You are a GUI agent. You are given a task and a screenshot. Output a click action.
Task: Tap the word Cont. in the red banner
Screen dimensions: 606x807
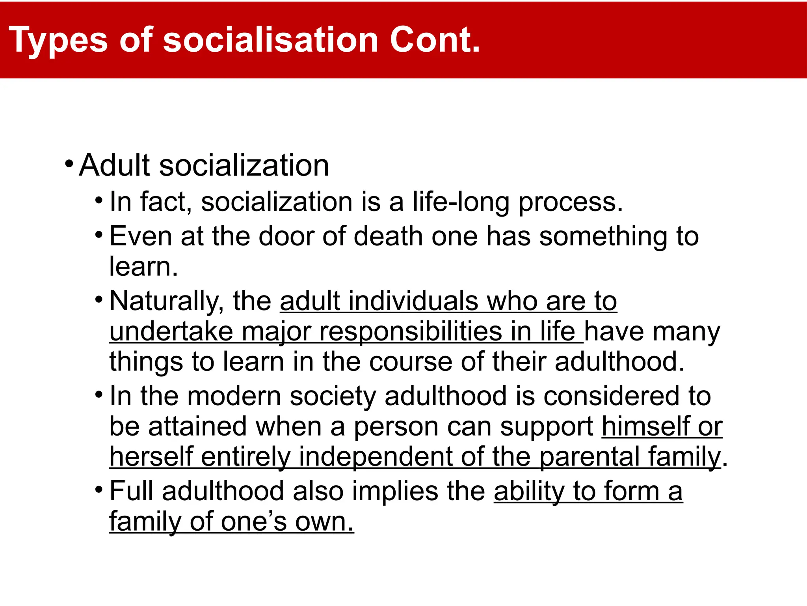pos(435,39)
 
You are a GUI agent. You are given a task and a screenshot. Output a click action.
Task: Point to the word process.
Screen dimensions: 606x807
pos(570,202)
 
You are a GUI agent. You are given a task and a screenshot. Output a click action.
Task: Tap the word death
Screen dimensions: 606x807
pos(388,236)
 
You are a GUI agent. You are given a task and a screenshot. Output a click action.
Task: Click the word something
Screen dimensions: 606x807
pos(603,237)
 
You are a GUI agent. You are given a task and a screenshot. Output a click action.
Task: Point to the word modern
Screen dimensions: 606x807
pos(234,396)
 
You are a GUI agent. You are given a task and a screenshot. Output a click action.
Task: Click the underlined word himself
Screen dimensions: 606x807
pos(646,426)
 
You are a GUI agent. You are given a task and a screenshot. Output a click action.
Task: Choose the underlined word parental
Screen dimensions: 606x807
pos(589,457)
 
